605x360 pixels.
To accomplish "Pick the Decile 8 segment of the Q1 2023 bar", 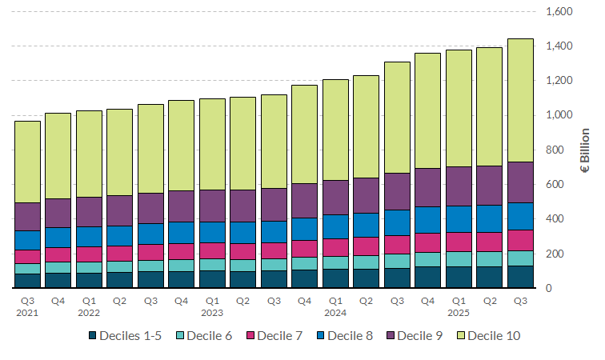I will point(212,232).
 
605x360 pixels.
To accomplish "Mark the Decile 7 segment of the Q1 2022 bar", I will point(89,254).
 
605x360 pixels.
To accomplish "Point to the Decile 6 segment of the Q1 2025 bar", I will point(459,258).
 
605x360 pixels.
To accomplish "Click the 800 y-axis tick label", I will point(562,150).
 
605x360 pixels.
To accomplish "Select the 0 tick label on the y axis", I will point(571,288).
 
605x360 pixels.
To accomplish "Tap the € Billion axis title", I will point(585,150).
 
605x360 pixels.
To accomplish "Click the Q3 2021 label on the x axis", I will point(28,306).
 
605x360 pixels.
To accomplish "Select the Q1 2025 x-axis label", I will point(459,306).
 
